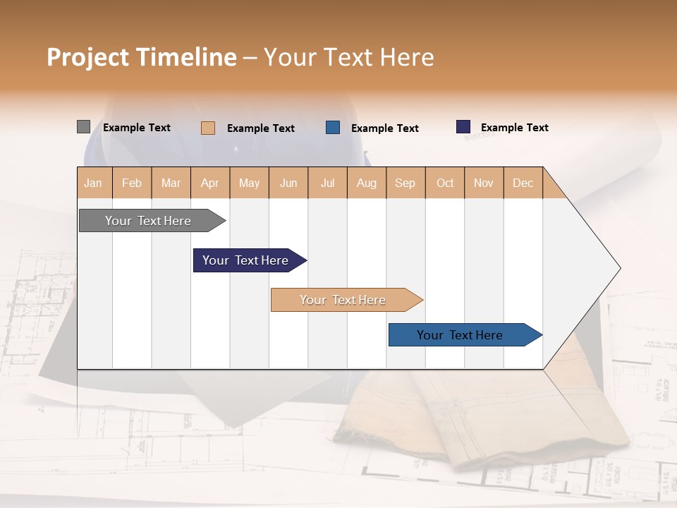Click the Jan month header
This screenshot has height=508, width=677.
pyautogui.click(x=94, y=183)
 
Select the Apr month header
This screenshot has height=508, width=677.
pyautogui.click(x=210, y=183)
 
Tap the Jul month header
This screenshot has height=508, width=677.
pyautogui.click(x=327, y=183)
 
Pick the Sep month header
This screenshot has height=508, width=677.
pyautogui.click(x=405, y=183)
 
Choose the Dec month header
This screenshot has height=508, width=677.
pyautogui.click(x=523, y=183)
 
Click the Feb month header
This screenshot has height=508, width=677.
pyautogui.click(x=132, y=183)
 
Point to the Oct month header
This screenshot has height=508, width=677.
pyautogui.click(x=445, y=183)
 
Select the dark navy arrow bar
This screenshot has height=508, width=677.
pyautogui.click(x=247, y=260)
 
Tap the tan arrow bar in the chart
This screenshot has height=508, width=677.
pyautogui.click(x=344, y=300)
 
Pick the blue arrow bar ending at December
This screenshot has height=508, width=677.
pyautogui.click(x=462, y=335)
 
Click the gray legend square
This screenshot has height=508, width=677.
pyautogui.click(x=83, y=127)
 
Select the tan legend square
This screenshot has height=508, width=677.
pyautogui.click(x=208, y=128)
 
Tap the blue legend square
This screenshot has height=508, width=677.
pyautogui.click(x=333, y=128)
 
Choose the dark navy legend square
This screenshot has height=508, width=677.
pyautogui.click(x=463, y=127)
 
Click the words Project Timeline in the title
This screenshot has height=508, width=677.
pyautogui.click(x=141, y=57)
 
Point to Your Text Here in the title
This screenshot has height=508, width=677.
pyautogui.click(x=348, y=57)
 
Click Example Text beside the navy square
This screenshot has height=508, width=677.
pyautogui.click(x=514, y=128)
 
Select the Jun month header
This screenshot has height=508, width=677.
pyautogui.click(x=288, y=183)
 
